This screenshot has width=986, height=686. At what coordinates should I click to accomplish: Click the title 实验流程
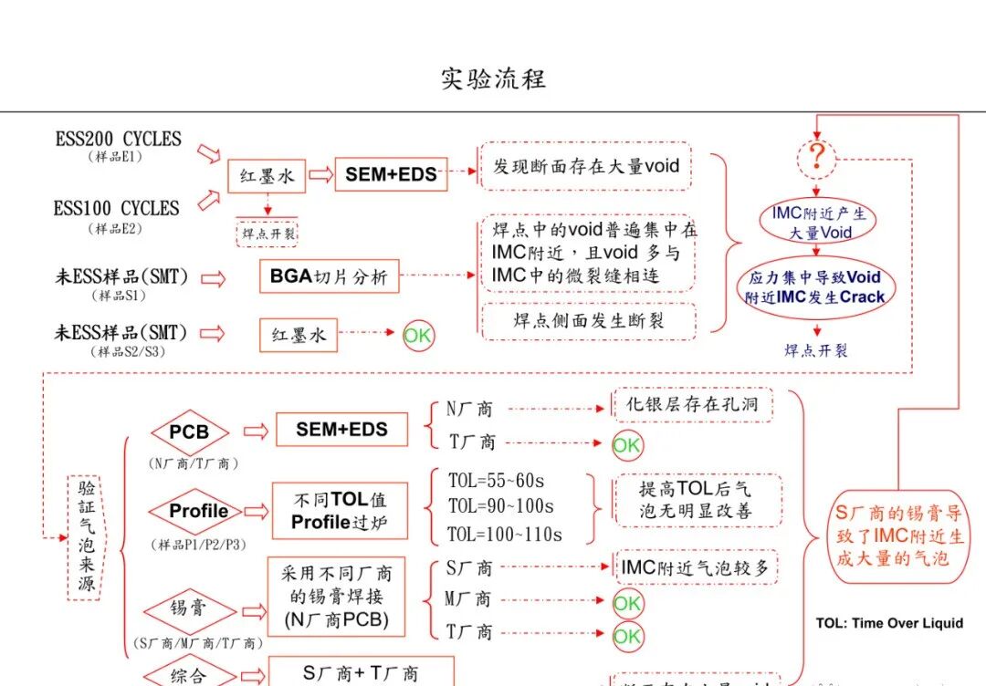pos(493,78)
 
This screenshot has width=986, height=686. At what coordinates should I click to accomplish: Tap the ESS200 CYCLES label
pos(119,140)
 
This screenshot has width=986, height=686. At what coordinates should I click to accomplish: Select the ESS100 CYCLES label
pos(116,208)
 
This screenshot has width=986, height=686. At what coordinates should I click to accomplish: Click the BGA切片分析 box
pos(329,276)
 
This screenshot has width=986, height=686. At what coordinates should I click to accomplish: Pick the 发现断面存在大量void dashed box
pos(586,167)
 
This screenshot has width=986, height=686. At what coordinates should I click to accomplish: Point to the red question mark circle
pos(817,160)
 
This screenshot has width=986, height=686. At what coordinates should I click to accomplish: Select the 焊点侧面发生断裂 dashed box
pos(588,321)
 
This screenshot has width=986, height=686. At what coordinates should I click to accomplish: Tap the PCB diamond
pos(189,431)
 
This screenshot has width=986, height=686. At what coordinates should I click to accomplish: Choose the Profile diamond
pos(198,511)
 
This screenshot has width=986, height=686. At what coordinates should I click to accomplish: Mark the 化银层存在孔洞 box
pos(691,404)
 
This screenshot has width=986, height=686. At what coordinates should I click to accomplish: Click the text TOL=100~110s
pos(505,535)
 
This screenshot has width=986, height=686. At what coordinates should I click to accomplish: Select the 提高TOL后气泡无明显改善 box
pos(696,500)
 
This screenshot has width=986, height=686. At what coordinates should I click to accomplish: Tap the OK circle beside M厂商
pos(627,603)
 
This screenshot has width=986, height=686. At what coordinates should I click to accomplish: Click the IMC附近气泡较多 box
pos(695,567)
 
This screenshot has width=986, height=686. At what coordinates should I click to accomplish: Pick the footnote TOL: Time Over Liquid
pos(889,623)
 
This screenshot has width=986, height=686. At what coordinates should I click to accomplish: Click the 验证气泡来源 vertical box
pos(87,536)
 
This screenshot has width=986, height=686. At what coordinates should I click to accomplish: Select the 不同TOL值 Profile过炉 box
pos(340,511)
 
